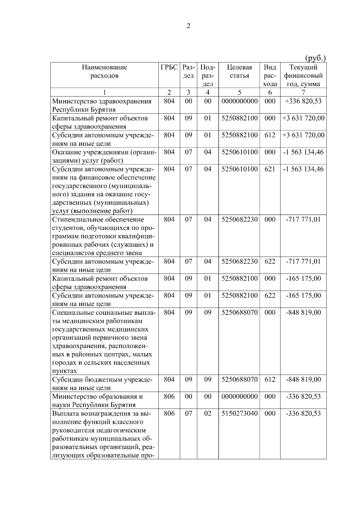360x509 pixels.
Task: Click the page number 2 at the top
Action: (x=188, y=26)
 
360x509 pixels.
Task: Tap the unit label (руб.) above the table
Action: (x=315, y=58)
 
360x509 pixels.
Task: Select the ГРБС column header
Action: (x=169, y=67)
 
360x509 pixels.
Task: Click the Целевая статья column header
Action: (x=239, y=71)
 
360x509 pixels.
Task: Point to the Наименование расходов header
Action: (x=104, y=71)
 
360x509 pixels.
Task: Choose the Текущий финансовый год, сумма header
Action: (x=303, y=76)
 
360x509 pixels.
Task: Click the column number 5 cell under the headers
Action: (x=239, y=92)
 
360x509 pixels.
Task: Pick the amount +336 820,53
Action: (x=303, y=101)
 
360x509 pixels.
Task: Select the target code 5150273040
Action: (x=239, y=414)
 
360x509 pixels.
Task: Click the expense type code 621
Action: (x=270, y=169)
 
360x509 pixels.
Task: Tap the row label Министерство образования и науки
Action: (x=97, y=401)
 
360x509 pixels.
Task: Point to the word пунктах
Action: (x=64, y=371)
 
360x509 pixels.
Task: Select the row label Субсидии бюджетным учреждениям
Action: (x=102, y=384)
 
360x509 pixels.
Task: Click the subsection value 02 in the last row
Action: (x=208, y=414)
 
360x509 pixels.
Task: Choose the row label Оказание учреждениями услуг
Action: (x=104, y=156)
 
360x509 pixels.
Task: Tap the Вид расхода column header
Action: (x=270, y=76)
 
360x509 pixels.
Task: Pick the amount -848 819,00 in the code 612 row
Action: (x=303, y=380)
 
